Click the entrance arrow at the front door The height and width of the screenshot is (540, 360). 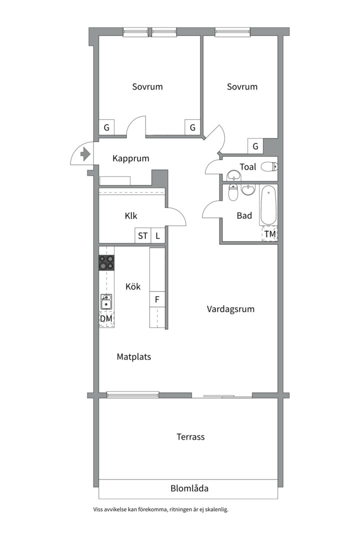click(84, 154)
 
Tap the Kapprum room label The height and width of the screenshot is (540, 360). click(131, 158)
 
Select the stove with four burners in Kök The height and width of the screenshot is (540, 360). click(106, 262)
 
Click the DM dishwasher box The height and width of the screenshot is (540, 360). click(106, 318)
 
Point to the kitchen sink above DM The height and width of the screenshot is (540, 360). click(106, 301)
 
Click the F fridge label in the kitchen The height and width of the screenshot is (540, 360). click(157, 300)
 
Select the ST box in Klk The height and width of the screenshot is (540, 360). click(142, 236)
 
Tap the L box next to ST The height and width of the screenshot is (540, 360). click(157, 236)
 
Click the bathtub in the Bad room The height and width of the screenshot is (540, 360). click(267, 205)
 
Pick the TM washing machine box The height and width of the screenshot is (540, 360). click(270, 234)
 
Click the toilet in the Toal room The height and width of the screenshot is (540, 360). click(269, 167)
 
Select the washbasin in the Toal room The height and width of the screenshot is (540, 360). click(233, 175)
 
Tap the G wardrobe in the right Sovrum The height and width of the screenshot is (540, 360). click(255, 146)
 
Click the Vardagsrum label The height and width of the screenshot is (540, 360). click(230, 309)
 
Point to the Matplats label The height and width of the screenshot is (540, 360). click(133, 357)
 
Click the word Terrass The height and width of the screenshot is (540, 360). click(190, 436)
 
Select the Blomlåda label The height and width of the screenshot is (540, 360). click(189, 488)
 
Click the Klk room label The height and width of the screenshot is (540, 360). click(131, 216)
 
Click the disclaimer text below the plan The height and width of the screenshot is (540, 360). click(160, 510)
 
